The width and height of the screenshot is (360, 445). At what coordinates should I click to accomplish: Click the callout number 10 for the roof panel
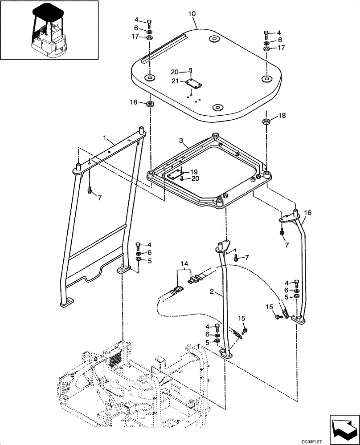tap(192, 14)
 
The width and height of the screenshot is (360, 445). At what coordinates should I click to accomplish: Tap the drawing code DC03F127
tap(341, 440)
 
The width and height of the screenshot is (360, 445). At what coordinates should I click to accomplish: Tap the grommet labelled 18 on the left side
tap(150, 105)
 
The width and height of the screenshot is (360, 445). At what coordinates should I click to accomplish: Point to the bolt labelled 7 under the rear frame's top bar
tap(90, 190)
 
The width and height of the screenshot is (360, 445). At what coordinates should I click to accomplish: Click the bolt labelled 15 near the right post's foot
tap(280, 316)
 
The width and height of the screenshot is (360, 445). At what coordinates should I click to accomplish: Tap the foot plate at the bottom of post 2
tap(227, 355)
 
